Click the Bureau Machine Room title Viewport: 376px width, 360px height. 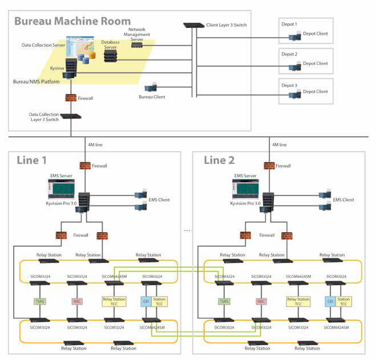click(72, 22)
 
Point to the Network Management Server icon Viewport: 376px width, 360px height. click(136, 45)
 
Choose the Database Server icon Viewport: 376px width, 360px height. click(110, 55)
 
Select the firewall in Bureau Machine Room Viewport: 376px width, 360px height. click(71, 98)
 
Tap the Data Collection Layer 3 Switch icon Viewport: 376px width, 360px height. click(71, 116)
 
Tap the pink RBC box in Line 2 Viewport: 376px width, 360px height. click(261, 301)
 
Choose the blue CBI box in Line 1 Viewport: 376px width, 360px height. click(145, 301)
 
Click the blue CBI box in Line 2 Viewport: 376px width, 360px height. click(329, 301)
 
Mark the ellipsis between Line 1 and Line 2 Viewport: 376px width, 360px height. click(187, 230)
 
